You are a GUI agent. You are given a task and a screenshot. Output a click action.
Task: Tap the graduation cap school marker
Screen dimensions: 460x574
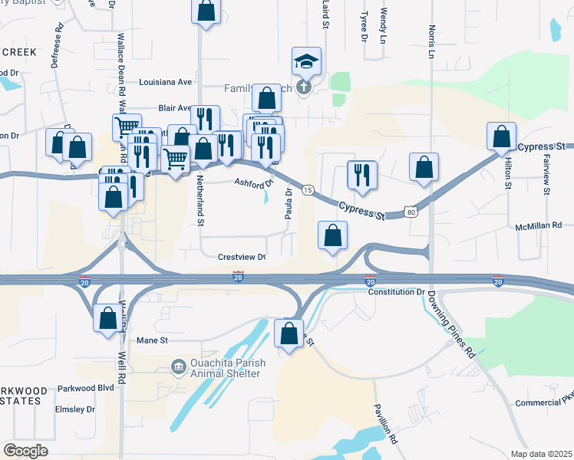point(306,61)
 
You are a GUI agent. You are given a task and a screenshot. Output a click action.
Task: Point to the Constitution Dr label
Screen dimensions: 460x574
point(396,292)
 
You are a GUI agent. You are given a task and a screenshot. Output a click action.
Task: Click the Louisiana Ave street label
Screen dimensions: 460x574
point(165,82)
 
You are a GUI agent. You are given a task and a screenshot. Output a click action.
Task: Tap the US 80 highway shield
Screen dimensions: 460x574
point(411,209)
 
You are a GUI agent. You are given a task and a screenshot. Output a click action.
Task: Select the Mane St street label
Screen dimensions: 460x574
point(151,340)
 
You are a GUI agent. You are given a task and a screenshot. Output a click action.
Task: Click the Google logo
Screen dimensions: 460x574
point(25,450)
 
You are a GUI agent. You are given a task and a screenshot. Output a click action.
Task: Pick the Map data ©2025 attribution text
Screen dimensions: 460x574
point(540,454)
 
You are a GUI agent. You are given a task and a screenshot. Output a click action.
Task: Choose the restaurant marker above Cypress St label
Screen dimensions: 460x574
point(361,175)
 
